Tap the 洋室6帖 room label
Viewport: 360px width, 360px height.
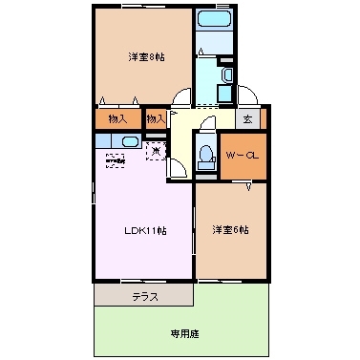pyautogui.click(x=230, y=230)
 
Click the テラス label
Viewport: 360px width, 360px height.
pyautogui.click(x=145, y=297)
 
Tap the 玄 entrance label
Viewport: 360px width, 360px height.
pyautogui.click(x=246, y=119)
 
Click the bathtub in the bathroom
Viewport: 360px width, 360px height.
pyautogui.click(x=216, y=21)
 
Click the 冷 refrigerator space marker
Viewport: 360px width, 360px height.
pyautogui.click(x=157, y=149)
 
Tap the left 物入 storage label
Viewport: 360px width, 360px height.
pyautogui.click(x=117, y=119)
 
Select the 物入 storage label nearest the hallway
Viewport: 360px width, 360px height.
pyautogui.click(x=156, y=119)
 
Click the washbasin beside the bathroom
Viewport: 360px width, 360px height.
pyautogui.click(x=226, y=77)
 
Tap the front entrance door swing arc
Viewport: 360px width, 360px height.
pyautogui.click(x=245, y=95)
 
